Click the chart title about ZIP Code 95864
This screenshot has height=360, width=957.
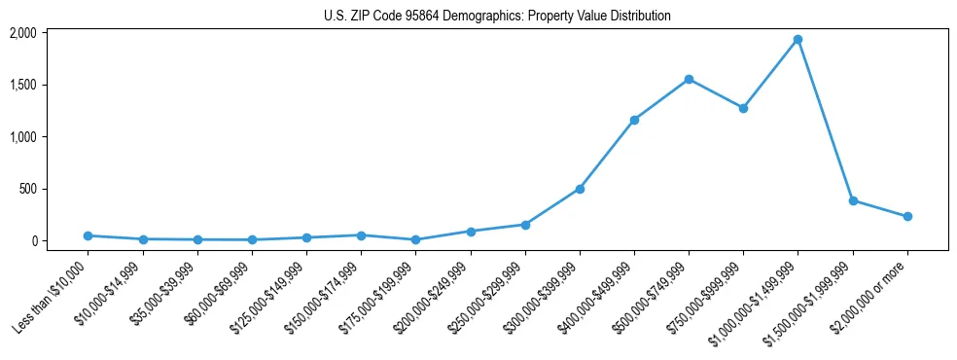pos(497,16)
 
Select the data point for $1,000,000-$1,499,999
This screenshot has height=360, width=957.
pos(797,40)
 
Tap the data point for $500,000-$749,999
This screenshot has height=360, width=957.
pos(689,79)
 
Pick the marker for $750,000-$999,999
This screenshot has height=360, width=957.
pos(743,108)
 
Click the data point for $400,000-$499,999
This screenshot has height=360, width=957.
pos(634,120)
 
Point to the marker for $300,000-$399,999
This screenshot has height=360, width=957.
pos(580,189)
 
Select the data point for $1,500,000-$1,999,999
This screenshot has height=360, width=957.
pos(852,200)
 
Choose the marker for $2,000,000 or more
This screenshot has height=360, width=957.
pos(906,216)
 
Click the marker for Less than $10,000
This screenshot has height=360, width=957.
pos(89,235)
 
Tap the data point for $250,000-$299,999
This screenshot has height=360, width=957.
pos(525,225)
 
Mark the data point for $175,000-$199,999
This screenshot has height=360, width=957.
pos(416,239)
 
